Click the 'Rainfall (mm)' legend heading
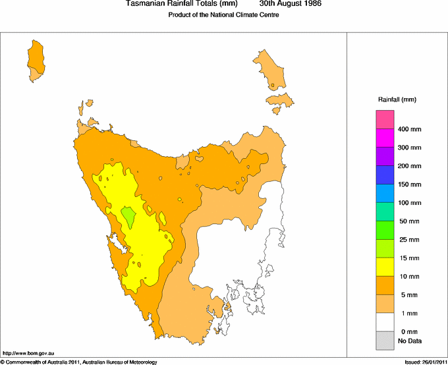point(397,99)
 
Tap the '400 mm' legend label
point(408,129)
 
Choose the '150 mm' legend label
point(408,184)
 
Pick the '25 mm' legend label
point(408,240)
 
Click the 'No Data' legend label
point(410,341)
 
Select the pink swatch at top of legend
point(385,120)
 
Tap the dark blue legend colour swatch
point(385,175)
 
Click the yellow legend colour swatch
point(385,267)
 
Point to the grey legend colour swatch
point(385,341)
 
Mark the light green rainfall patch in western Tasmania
point(128,214)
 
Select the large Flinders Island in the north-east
point(270,69)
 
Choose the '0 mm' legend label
point(408,331)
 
